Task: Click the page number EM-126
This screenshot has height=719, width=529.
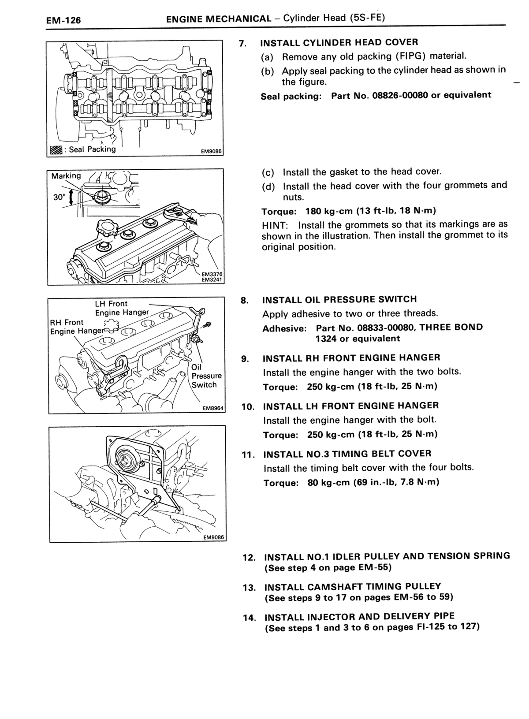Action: pyautogui.click(x=63, y=20)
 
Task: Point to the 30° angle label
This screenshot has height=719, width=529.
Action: pyautogui.click(x=60, y=197)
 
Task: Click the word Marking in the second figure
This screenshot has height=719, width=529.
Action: pyautogui.click(x=66, y=176)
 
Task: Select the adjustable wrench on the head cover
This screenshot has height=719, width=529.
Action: pyautogui.click(x=180, y=214)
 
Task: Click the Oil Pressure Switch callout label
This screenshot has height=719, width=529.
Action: pyautogui.click(x=206, y=376)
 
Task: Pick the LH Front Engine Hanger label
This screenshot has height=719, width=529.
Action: pyautogui.click(x=122, y=308)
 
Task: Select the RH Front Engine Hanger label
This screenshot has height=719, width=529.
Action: pyautogui.click(x=77, y=327)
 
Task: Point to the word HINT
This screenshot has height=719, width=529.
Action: pyautogui.click(x=275, y=225)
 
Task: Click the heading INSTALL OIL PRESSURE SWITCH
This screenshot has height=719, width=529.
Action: pyautogui.click(x=339, y=299)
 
